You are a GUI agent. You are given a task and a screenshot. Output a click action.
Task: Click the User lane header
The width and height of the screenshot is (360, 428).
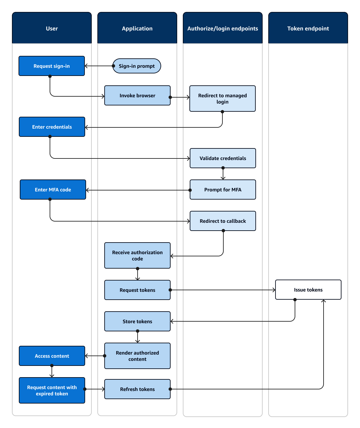click(52, 28)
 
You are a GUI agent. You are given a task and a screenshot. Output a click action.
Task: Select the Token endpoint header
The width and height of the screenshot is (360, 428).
click(308, 28)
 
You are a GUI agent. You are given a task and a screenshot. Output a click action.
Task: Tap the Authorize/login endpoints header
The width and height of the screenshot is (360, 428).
click(222, 28)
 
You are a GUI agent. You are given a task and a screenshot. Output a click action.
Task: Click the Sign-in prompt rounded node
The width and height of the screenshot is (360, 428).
click(137, 66)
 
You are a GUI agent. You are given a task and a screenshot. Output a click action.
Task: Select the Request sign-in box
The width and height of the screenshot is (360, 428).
click(52, 66)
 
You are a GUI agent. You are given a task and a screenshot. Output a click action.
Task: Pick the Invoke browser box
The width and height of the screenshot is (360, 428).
click(137, 95)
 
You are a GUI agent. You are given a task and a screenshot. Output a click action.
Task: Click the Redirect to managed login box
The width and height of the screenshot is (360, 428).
click(222, 99)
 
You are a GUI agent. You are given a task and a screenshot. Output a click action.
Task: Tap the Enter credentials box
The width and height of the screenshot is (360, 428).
click(52, 127)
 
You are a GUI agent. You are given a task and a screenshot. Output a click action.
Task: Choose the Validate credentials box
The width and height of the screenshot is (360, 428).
click(223, 158)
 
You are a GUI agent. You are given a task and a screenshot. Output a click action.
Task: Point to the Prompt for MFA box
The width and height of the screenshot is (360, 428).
click(223, 190)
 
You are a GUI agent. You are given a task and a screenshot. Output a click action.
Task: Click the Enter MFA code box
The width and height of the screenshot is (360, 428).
click(53, 190)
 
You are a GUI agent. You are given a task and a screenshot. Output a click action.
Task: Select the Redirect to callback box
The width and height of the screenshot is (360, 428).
click(223, 221)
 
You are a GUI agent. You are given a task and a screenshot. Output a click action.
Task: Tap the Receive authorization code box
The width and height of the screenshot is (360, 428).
click(137, 255)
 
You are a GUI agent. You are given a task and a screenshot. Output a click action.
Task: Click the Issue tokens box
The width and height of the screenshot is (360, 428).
click(308, 290)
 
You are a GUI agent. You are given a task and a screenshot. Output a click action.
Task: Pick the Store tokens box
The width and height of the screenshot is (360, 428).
click(137, 321)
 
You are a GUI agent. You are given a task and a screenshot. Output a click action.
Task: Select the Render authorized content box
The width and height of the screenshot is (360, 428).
click(137, 356)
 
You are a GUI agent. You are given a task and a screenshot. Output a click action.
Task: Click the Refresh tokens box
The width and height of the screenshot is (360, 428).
click(137, 389)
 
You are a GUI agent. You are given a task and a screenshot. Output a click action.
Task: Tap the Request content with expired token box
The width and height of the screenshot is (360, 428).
click(52, 390)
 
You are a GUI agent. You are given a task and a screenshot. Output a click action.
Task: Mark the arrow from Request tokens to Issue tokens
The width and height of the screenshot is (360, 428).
click(223, 290)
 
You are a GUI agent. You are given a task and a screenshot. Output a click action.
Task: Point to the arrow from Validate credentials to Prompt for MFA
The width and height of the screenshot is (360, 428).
click(223, 174)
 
